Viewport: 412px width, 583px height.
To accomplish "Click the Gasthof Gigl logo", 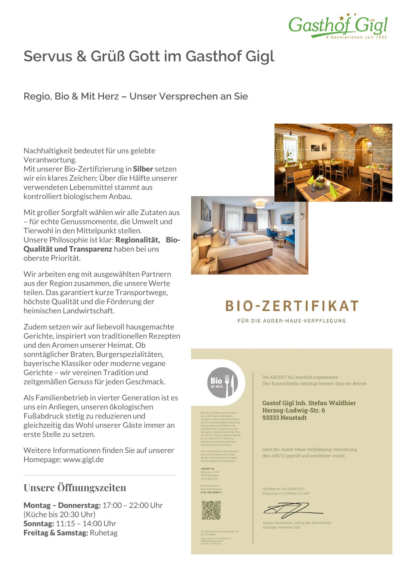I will click(338, 26).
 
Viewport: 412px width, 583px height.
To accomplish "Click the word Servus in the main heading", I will click(48, 56).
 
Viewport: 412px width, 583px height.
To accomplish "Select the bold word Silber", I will click(143, 169).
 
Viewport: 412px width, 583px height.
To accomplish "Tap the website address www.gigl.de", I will click(83, 460).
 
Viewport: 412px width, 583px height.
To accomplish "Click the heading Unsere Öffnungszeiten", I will click(75, 488).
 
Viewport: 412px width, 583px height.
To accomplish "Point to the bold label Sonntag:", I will click(39, 524).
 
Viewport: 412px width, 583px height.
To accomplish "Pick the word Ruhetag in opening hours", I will click(104, 533).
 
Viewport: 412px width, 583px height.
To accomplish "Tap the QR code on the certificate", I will click(211, 510).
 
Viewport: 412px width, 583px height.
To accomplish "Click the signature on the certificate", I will click(289, 510).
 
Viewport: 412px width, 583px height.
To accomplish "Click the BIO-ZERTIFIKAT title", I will click(292, 306).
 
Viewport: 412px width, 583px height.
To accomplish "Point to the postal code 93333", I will click(271, 418).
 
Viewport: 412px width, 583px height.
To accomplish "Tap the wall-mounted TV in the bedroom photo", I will click(250, 218).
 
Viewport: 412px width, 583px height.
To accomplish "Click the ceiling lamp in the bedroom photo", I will click(260, 204).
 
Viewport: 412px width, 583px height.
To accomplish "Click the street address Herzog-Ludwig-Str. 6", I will click(294, 410).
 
